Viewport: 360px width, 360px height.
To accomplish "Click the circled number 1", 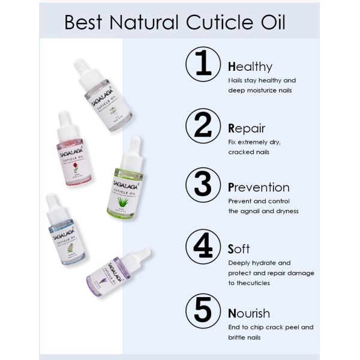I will tap(204, 65).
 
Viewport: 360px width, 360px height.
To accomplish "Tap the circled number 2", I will tap(204, 126).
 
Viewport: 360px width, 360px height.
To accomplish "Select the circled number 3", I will tap(204, 186).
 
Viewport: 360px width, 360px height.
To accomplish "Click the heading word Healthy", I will tap(250, 67).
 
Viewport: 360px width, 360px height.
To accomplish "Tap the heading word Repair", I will tap(247, 128).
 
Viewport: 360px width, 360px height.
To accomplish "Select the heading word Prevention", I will tap(259, 187).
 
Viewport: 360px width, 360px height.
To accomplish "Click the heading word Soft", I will tap(239, 248).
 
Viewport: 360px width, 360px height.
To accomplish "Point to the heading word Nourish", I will tap(249, 313).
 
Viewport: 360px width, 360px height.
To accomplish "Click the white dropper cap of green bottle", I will tap(134, 149).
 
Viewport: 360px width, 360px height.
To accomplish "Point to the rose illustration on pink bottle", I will tap(76, 170).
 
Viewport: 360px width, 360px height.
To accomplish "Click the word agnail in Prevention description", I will tap(252, 211).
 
